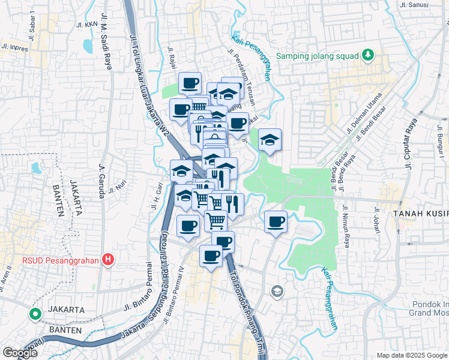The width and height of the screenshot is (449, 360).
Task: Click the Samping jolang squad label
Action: (316, 57)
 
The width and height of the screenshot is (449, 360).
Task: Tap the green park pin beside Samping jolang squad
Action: (367, 56)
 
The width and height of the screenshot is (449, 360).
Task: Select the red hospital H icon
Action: (108, 260)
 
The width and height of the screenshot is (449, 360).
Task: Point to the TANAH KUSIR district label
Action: (421, 214)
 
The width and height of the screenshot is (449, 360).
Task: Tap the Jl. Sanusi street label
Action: (414, 4)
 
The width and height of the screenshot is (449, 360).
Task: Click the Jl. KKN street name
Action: (87, 25)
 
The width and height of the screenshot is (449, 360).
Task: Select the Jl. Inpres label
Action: (14, 47)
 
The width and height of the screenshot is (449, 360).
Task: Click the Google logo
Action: (20, 353)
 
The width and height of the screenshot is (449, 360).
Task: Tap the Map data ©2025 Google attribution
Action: (412, 355)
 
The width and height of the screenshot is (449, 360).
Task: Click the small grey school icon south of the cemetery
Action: (277, 292)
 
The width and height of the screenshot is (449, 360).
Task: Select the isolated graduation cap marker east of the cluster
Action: (270, 140)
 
